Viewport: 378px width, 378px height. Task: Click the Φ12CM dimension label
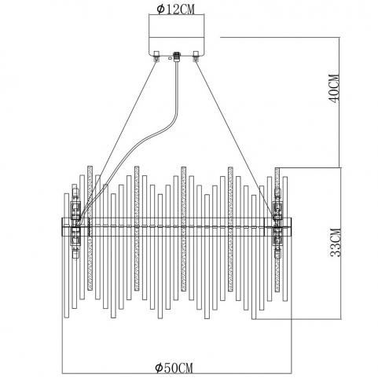(176, 9)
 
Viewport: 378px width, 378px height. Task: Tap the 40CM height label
(334, 89)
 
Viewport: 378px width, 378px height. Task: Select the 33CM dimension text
(336, 243)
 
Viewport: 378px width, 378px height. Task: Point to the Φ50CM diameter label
(174, 368)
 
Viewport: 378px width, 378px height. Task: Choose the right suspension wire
(235, 139)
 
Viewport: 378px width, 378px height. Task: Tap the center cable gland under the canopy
(177, 57)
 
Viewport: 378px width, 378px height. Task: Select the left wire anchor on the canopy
(156, 56)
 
